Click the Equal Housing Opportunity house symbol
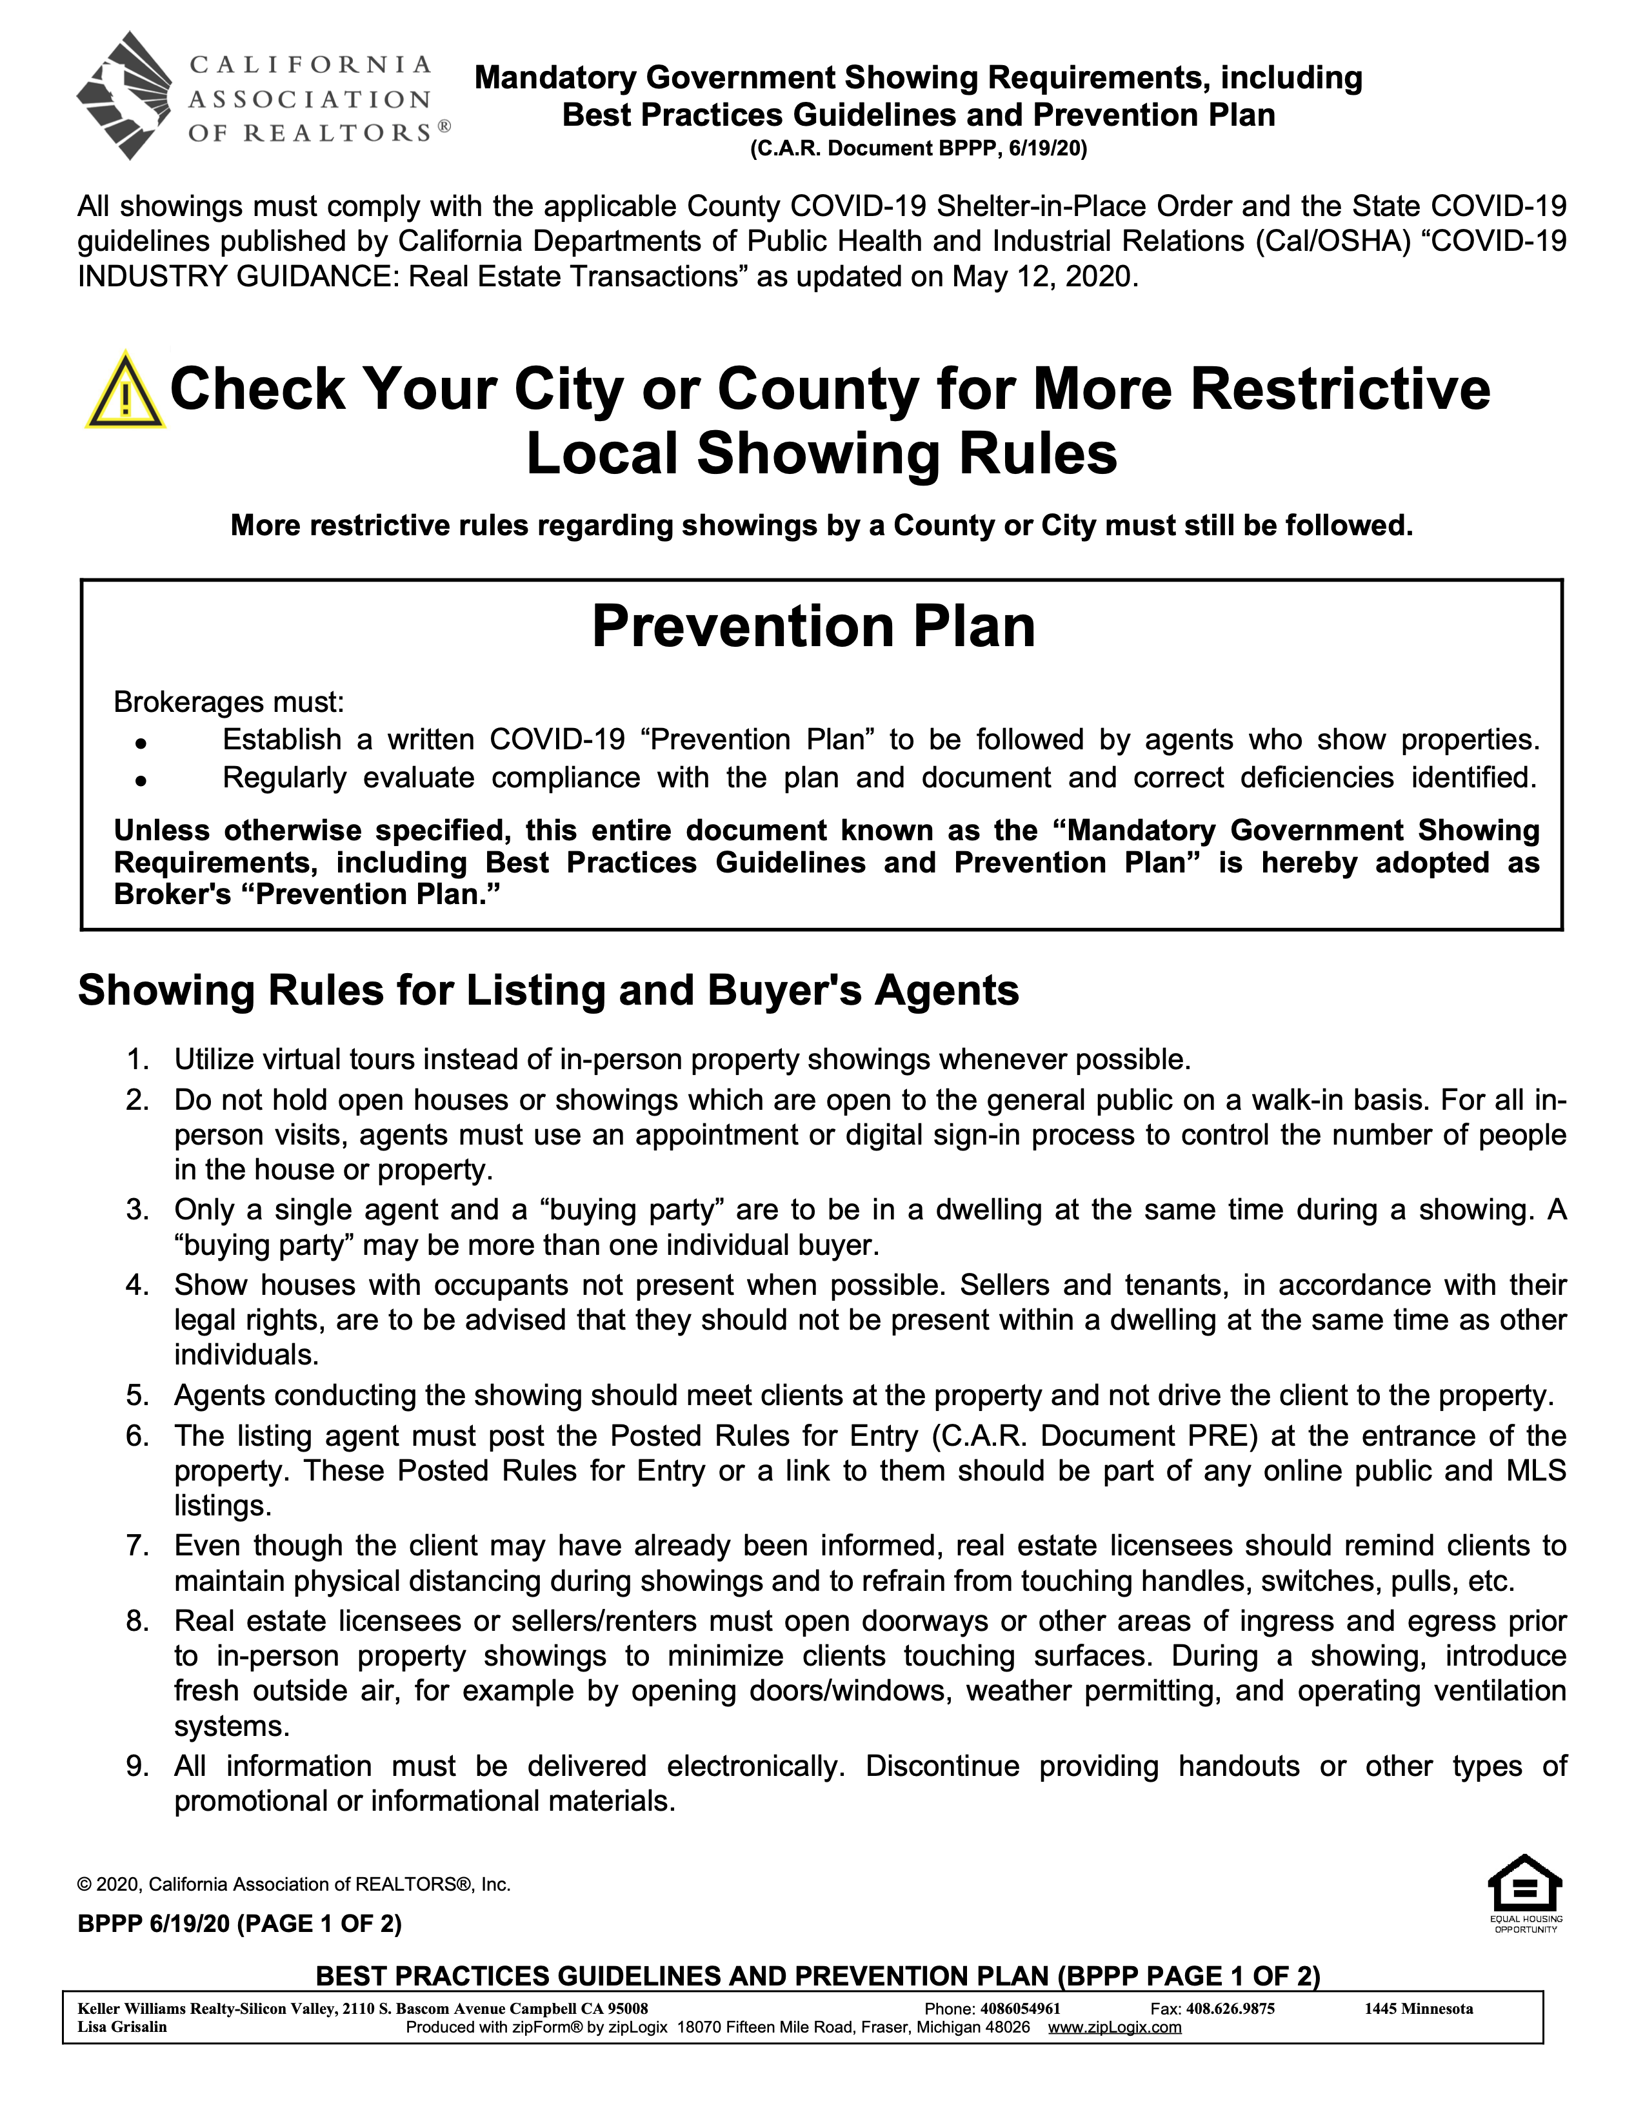pyautogui.click(x=1525, y=1884)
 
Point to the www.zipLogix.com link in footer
pyautogui.click(x=1114, y=2027)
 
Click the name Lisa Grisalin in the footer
pyautogui.click(x=122, y=2027)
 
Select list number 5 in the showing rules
pyautogui.click(x=137, y=1395)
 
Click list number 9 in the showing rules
pyautogui.click(x=137, y=1766)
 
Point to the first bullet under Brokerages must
pyautogui.click(x=141, y=742)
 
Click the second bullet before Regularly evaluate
pyautogui.click(x=141, y=780)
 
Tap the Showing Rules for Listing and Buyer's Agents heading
pyautogui.click(x=548, y=990)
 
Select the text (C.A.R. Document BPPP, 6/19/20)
pyautogui.click(x=918, y=149)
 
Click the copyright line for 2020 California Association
pyautogui.click(x=294, y=1884)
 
